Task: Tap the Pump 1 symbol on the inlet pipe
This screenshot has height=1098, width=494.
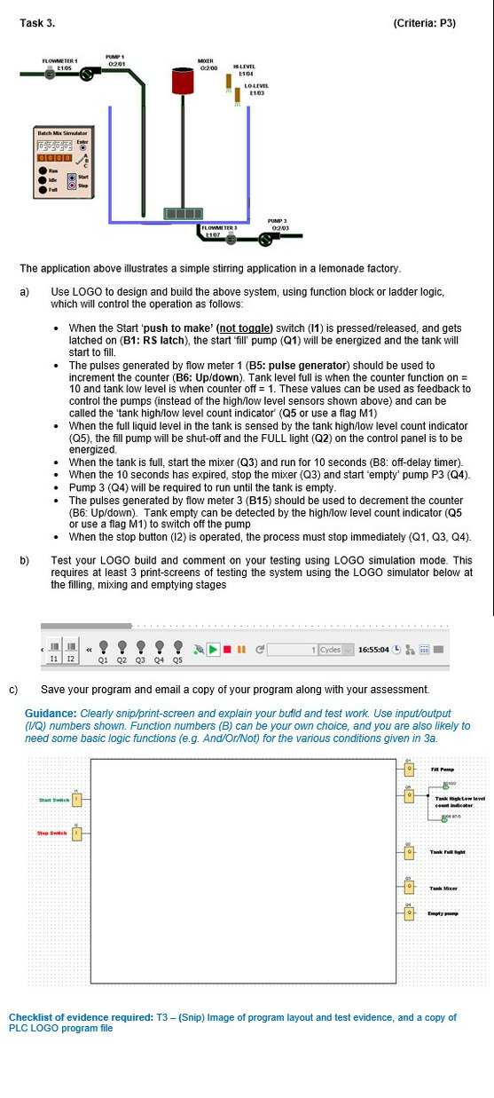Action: (87, 75)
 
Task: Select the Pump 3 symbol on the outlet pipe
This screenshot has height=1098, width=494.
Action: (263, 237)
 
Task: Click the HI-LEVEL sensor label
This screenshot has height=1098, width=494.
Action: (244, 66)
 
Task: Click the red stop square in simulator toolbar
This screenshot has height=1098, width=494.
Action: (227, 649)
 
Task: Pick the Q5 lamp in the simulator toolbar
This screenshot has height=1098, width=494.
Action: (178, 649)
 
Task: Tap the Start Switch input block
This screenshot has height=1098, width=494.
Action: (77, 800)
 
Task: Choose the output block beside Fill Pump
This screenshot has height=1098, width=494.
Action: (408, 769)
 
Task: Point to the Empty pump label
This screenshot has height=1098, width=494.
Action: (445, 913)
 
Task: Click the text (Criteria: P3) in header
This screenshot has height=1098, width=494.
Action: (423, 22)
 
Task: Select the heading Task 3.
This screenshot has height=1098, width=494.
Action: (36, 22)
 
